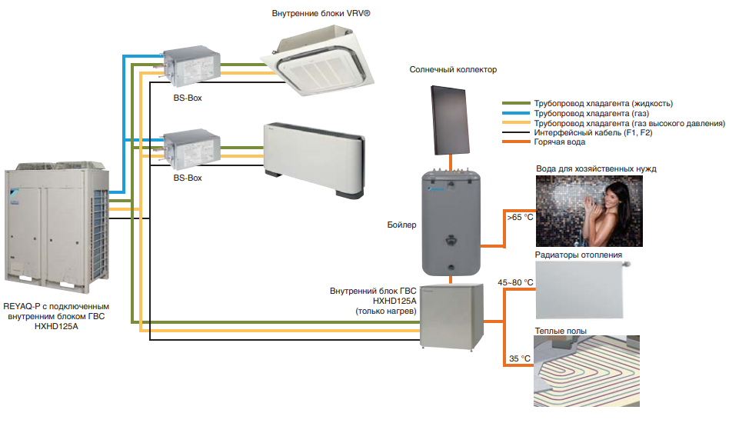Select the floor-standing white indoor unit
(312, 158)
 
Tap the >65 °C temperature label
(520, 218)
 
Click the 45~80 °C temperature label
(514, 283)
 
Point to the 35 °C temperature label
(520, 358)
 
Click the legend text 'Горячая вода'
(559, 142)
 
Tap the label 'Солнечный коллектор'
(453, 69)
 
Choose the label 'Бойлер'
(401, 225)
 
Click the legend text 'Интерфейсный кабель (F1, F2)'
(595, 132)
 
